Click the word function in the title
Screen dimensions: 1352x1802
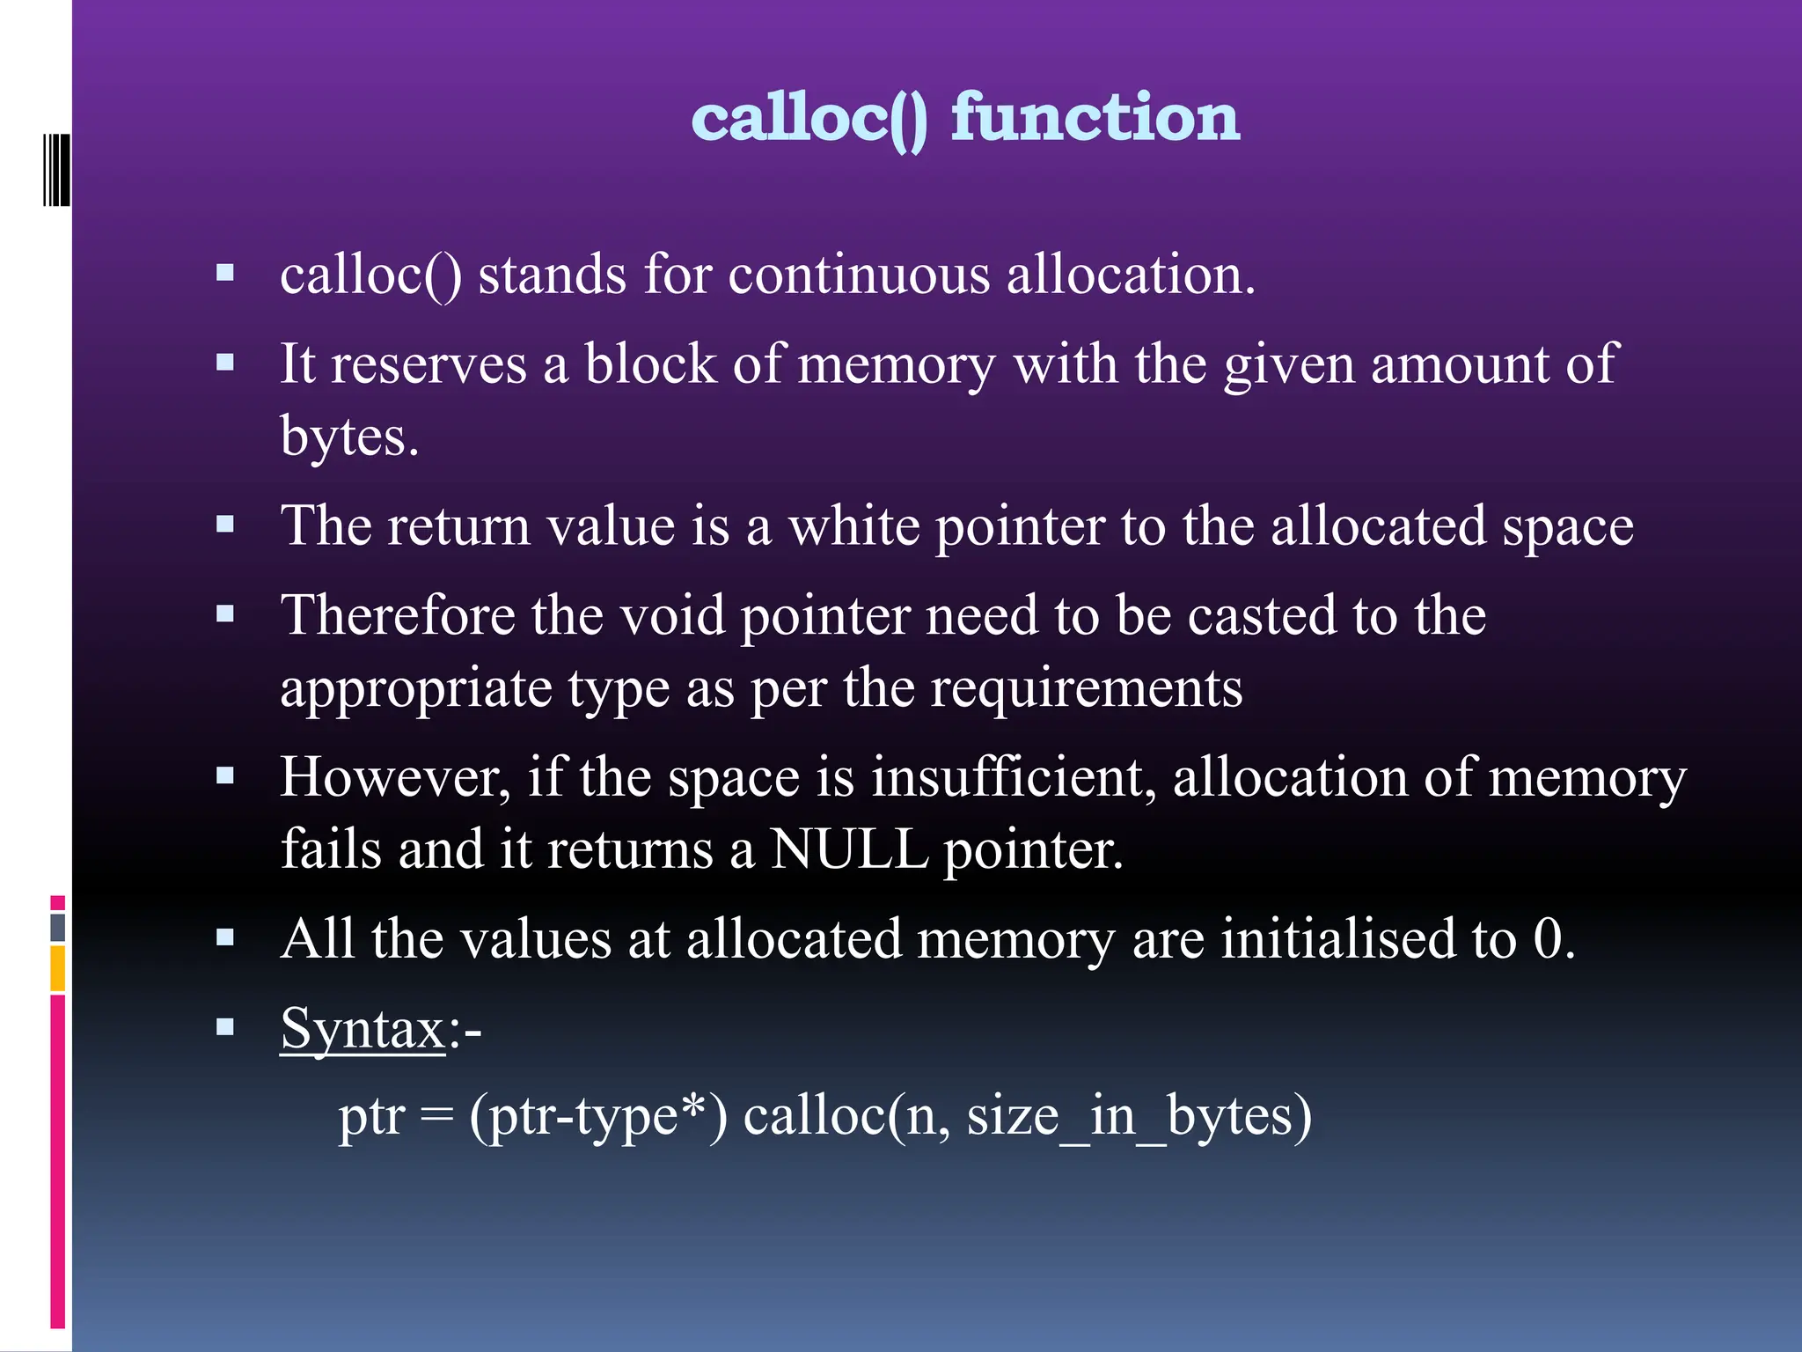pyautogui.click(x=1095, y=117)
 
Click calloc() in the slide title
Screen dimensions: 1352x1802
pyautogui.click(x=809, y=119)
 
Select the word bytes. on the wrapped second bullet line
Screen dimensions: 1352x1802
pyautogui.click(x=349, y=437)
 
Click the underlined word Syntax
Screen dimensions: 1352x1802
pyautogui.click(x=363, y=1028)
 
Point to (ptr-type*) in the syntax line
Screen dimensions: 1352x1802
pyautogui.click(x=598, y=1116)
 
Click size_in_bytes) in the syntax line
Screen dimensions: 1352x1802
pyautogui.click(x=1139, y=1116)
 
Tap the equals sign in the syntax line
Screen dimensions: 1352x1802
pyautogui.click(x=436, y=1116)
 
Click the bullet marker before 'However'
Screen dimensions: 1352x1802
pyautogui.click(x=225, y=776)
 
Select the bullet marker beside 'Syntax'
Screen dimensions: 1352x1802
pyautogui.click(x=225, y=1026)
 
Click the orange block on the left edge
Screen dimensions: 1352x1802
pyautogui.click(x=58, y=968)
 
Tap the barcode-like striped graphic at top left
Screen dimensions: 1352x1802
pyautogui.click(x=56, y=170)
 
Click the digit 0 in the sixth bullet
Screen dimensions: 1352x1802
pyautogui.click(x=1547, y=938)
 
